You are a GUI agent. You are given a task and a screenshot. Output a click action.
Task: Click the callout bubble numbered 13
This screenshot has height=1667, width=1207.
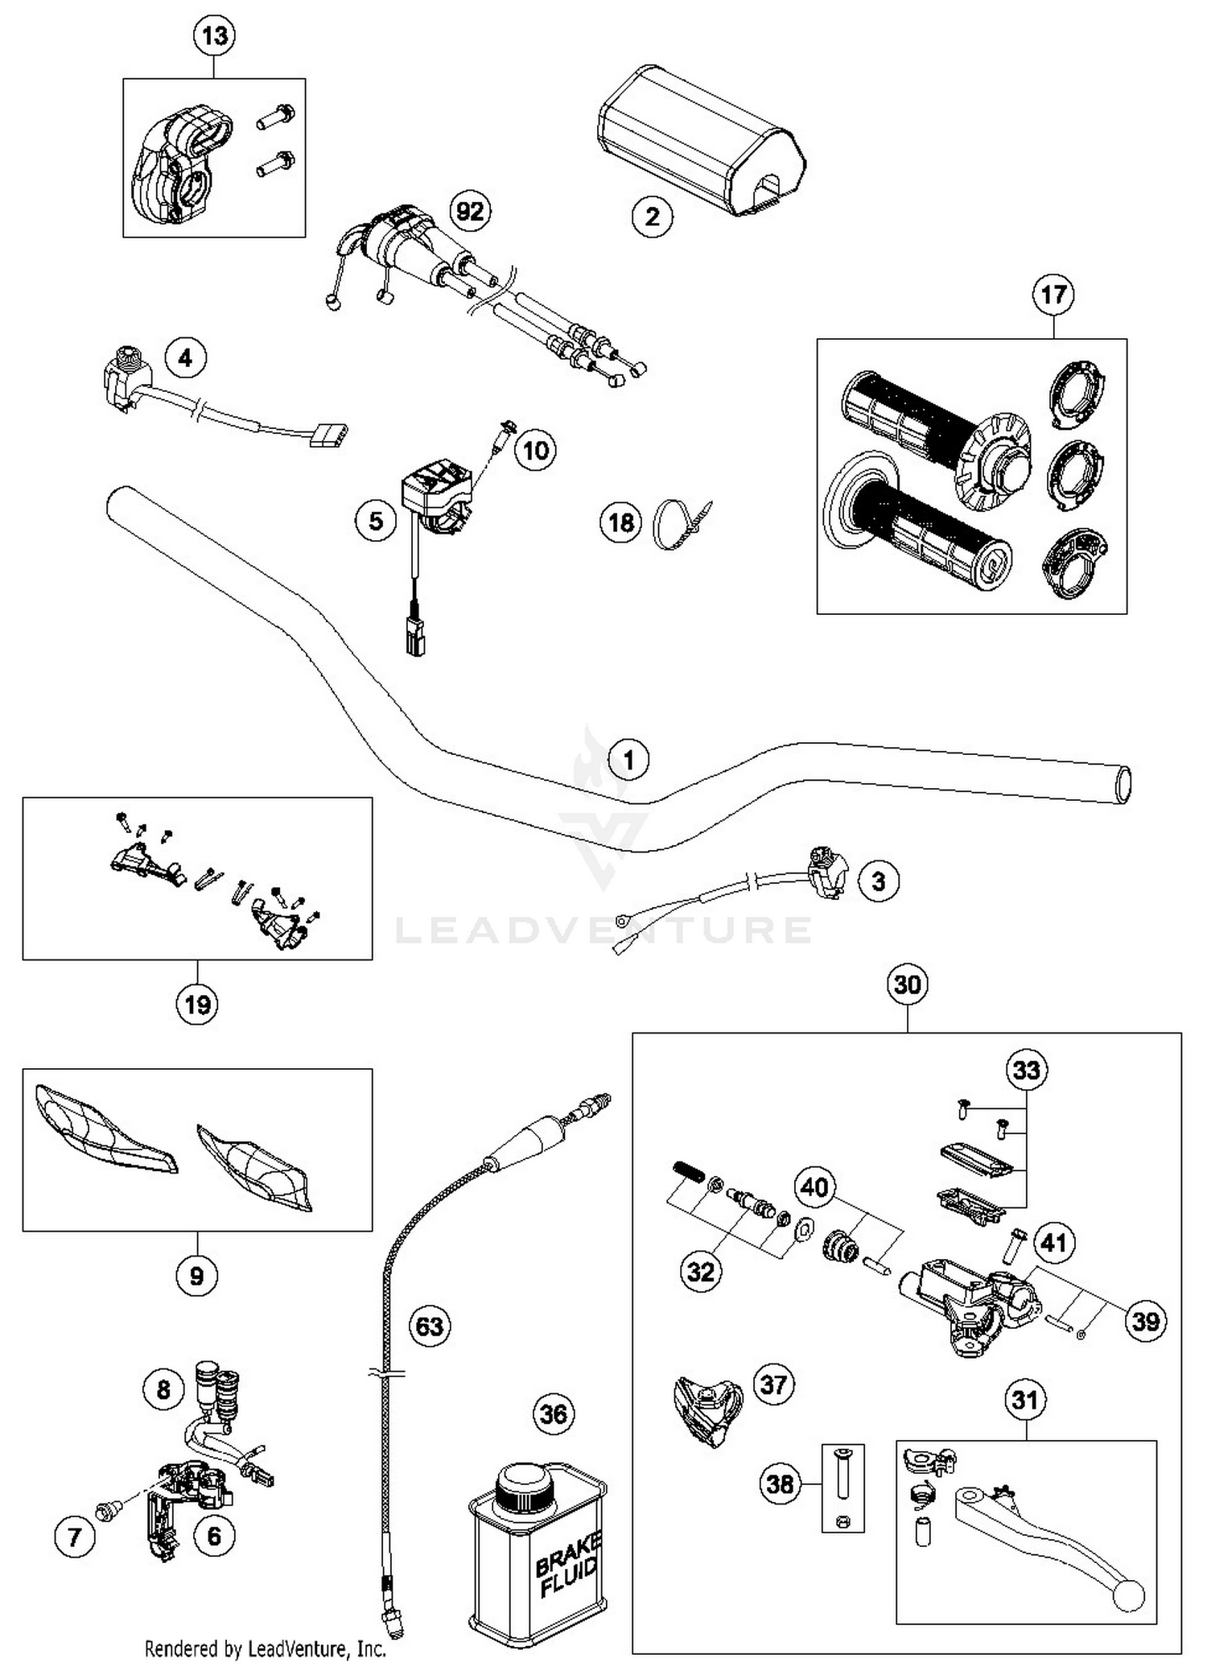[x=215, y=37]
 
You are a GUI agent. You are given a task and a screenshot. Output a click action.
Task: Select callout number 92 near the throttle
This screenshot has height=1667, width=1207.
[x=470, y=212]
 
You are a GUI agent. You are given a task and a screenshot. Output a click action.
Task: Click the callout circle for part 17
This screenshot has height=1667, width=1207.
[x=1053, y=295]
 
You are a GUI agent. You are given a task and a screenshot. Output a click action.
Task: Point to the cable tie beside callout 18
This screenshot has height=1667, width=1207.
[x=680, y=524]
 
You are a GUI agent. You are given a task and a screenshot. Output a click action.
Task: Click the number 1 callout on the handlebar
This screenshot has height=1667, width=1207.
[x=629, y=760]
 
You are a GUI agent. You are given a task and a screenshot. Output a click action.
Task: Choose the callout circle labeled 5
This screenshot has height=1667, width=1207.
[x=376, y=522]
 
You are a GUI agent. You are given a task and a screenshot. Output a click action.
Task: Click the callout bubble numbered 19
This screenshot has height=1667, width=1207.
[x=197, y=1005]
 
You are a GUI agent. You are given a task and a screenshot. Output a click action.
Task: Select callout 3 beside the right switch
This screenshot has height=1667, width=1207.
[x=878, y=881]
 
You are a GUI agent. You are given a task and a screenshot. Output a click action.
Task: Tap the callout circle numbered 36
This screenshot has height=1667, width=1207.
[x=554, y=1414]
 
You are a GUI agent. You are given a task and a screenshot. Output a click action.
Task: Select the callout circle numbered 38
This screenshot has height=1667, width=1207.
[x=780, y=1484]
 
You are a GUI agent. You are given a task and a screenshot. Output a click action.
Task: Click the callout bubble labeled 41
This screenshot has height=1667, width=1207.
[x=1053, y=1243]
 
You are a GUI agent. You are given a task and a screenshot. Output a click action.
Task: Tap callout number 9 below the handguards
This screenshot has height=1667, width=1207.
[x=196, y=1275]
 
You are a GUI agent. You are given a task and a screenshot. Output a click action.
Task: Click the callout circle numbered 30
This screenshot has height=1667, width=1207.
[x=907, y=984]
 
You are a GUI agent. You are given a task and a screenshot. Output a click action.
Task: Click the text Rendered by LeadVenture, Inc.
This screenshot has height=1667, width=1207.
[x=266, y=1649]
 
